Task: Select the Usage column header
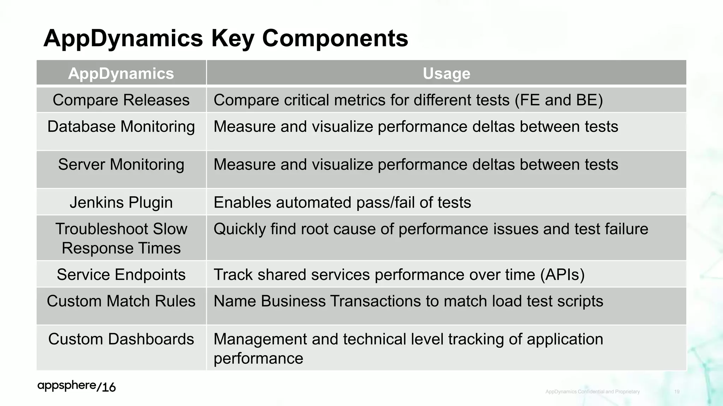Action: [x=446, y=73]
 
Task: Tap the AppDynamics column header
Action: [x=121, y=73]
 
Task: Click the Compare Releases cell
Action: [x=121, y=100]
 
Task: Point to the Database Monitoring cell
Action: [x=121, y=127]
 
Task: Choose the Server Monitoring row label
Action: [x=121, y=165]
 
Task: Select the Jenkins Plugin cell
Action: [x=121, y=203]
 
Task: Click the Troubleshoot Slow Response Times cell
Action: [x=121, y=239]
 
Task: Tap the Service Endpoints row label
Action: [x=121, y=275]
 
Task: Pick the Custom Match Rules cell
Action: [x=121, y=301]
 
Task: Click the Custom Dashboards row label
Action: [x=121, y=339]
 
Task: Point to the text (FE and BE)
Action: [x=558, y=100]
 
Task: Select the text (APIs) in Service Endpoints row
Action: [x=562, y=275]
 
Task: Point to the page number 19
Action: [x=677, y=392]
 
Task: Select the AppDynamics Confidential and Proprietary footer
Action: [x=592, y=392]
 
